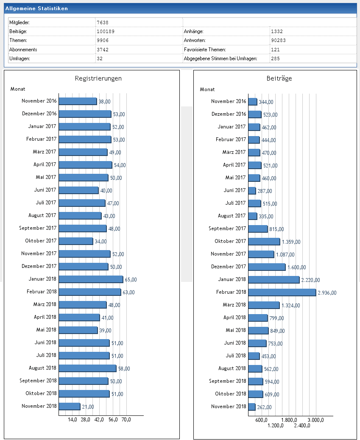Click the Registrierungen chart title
click(x=98, y=78)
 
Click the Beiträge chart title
click(x=279, y=78)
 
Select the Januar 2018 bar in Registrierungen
click(x=91, y=279)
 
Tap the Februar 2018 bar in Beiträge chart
click(x=282, y=292)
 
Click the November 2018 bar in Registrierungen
click(x=69, y=406)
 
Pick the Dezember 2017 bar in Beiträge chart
click(x=267, y=267)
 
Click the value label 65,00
click(x=131, y=280)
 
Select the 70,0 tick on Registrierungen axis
click(x=126, y=420)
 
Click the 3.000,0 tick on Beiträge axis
click(x=315, y=420)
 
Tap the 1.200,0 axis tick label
click(x=276, y=426)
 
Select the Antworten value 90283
click(x=278, y=41)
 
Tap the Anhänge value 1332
click(x=276, y=31)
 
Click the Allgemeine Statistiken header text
click(x=36, y=8)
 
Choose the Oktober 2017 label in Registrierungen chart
click(x=41, y=241)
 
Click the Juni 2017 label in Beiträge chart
click(x=234, y=190)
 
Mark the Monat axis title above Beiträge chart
click(x=207, y=89)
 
